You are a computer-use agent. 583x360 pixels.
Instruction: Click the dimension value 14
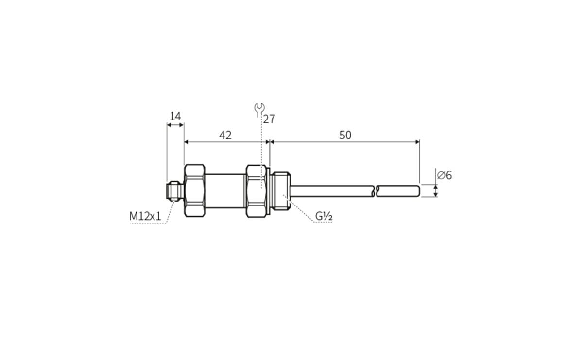point(175,117)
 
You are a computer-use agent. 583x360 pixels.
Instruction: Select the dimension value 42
point(225,136)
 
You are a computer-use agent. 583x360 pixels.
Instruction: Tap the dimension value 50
point(345,136)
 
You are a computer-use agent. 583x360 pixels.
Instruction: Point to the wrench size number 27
point(269,119)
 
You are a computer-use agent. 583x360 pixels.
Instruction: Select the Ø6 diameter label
point(444,175)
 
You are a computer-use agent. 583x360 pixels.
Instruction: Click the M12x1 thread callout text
point(145,216)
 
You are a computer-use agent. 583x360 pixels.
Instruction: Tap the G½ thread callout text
point(324,216)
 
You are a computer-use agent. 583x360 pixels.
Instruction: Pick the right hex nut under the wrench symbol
point(256,190)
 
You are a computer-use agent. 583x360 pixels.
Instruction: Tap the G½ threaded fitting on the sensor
point(281,190)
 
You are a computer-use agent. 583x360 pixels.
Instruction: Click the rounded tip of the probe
point(417,190)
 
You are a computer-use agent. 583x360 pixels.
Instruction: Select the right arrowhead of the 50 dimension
point(417,142)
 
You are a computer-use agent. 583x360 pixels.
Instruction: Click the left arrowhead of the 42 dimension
point(187,142)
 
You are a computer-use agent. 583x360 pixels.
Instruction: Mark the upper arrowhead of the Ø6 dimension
point(436,187)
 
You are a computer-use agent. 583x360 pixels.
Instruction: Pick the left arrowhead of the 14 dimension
point(169,125)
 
